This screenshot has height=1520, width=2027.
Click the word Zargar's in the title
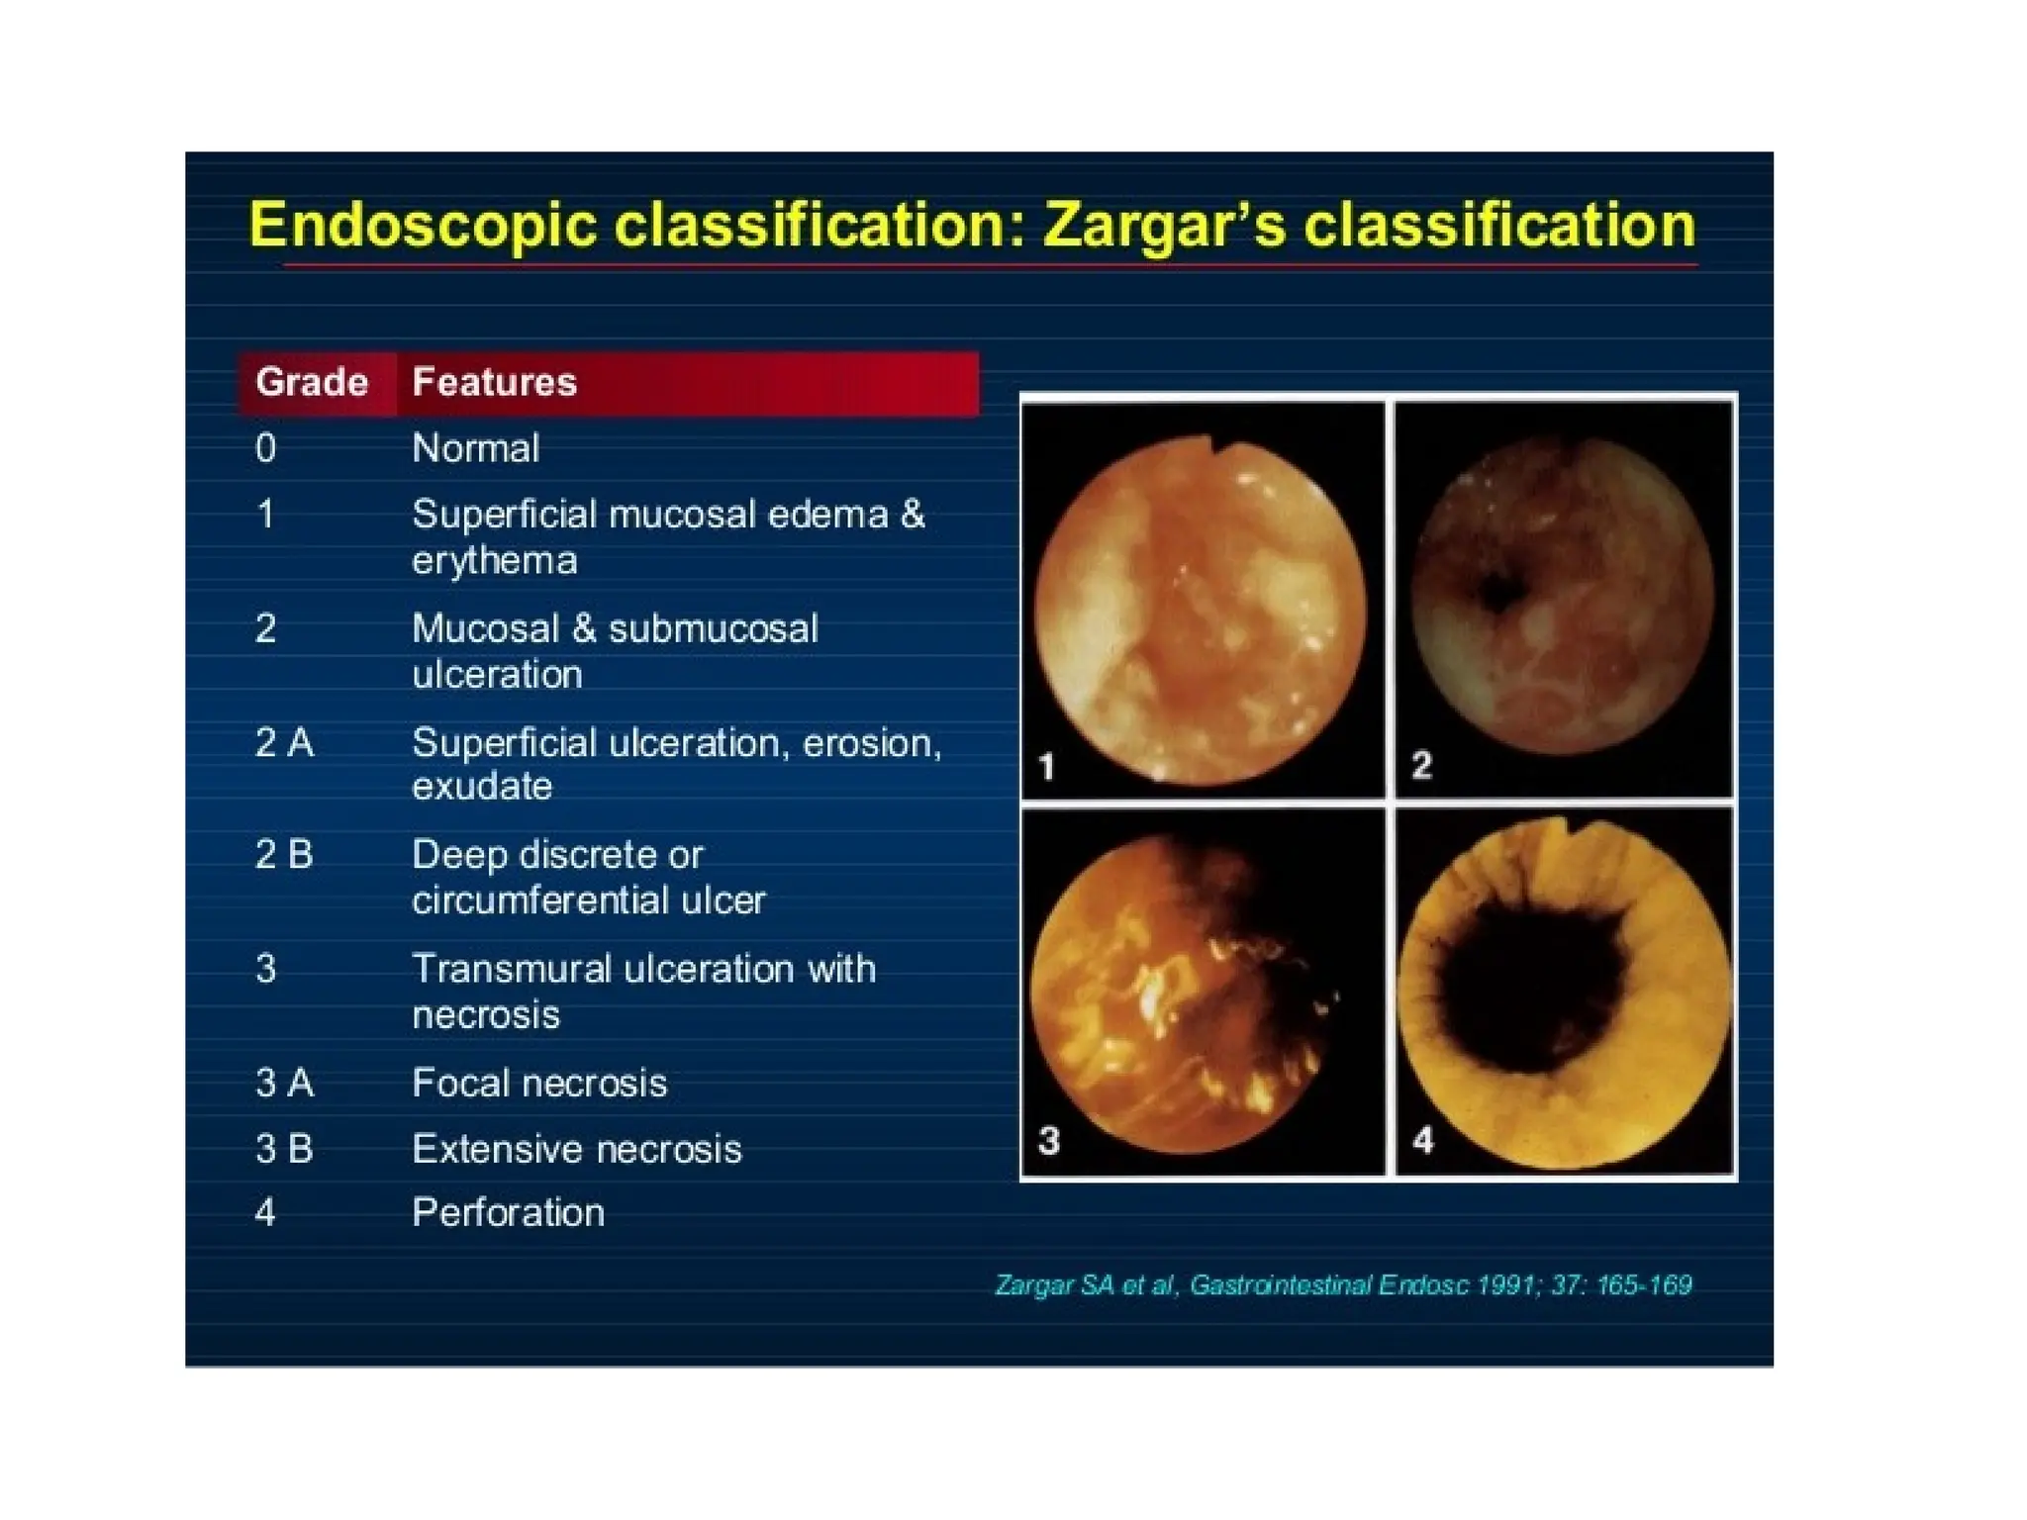1164,226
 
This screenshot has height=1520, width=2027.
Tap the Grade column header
311,382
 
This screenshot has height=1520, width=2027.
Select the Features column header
494,382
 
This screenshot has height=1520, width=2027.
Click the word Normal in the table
475,448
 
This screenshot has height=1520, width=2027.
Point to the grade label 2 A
284,742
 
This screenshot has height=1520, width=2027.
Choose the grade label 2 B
284,854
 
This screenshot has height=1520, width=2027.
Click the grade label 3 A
284,1083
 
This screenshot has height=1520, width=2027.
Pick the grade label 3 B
284,1149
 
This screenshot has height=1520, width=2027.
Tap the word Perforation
508,1212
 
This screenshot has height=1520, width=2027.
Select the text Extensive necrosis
576,1149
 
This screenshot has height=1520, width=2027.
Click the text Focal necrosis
539,1083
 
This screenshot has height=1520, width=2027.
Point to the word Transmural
511,969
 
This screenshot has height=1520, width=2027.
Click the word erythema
494,561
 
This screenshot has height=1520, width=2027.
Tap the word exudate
482,787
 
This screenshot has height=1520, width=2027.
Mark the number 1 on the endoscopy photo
1046,766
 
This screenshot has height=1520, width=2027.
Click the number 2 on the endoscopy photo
1421,764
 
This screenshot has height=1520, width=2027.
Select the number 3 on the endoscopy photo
1049,1140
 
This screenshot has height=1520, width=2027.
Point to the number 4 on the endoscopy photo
1422,1140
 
